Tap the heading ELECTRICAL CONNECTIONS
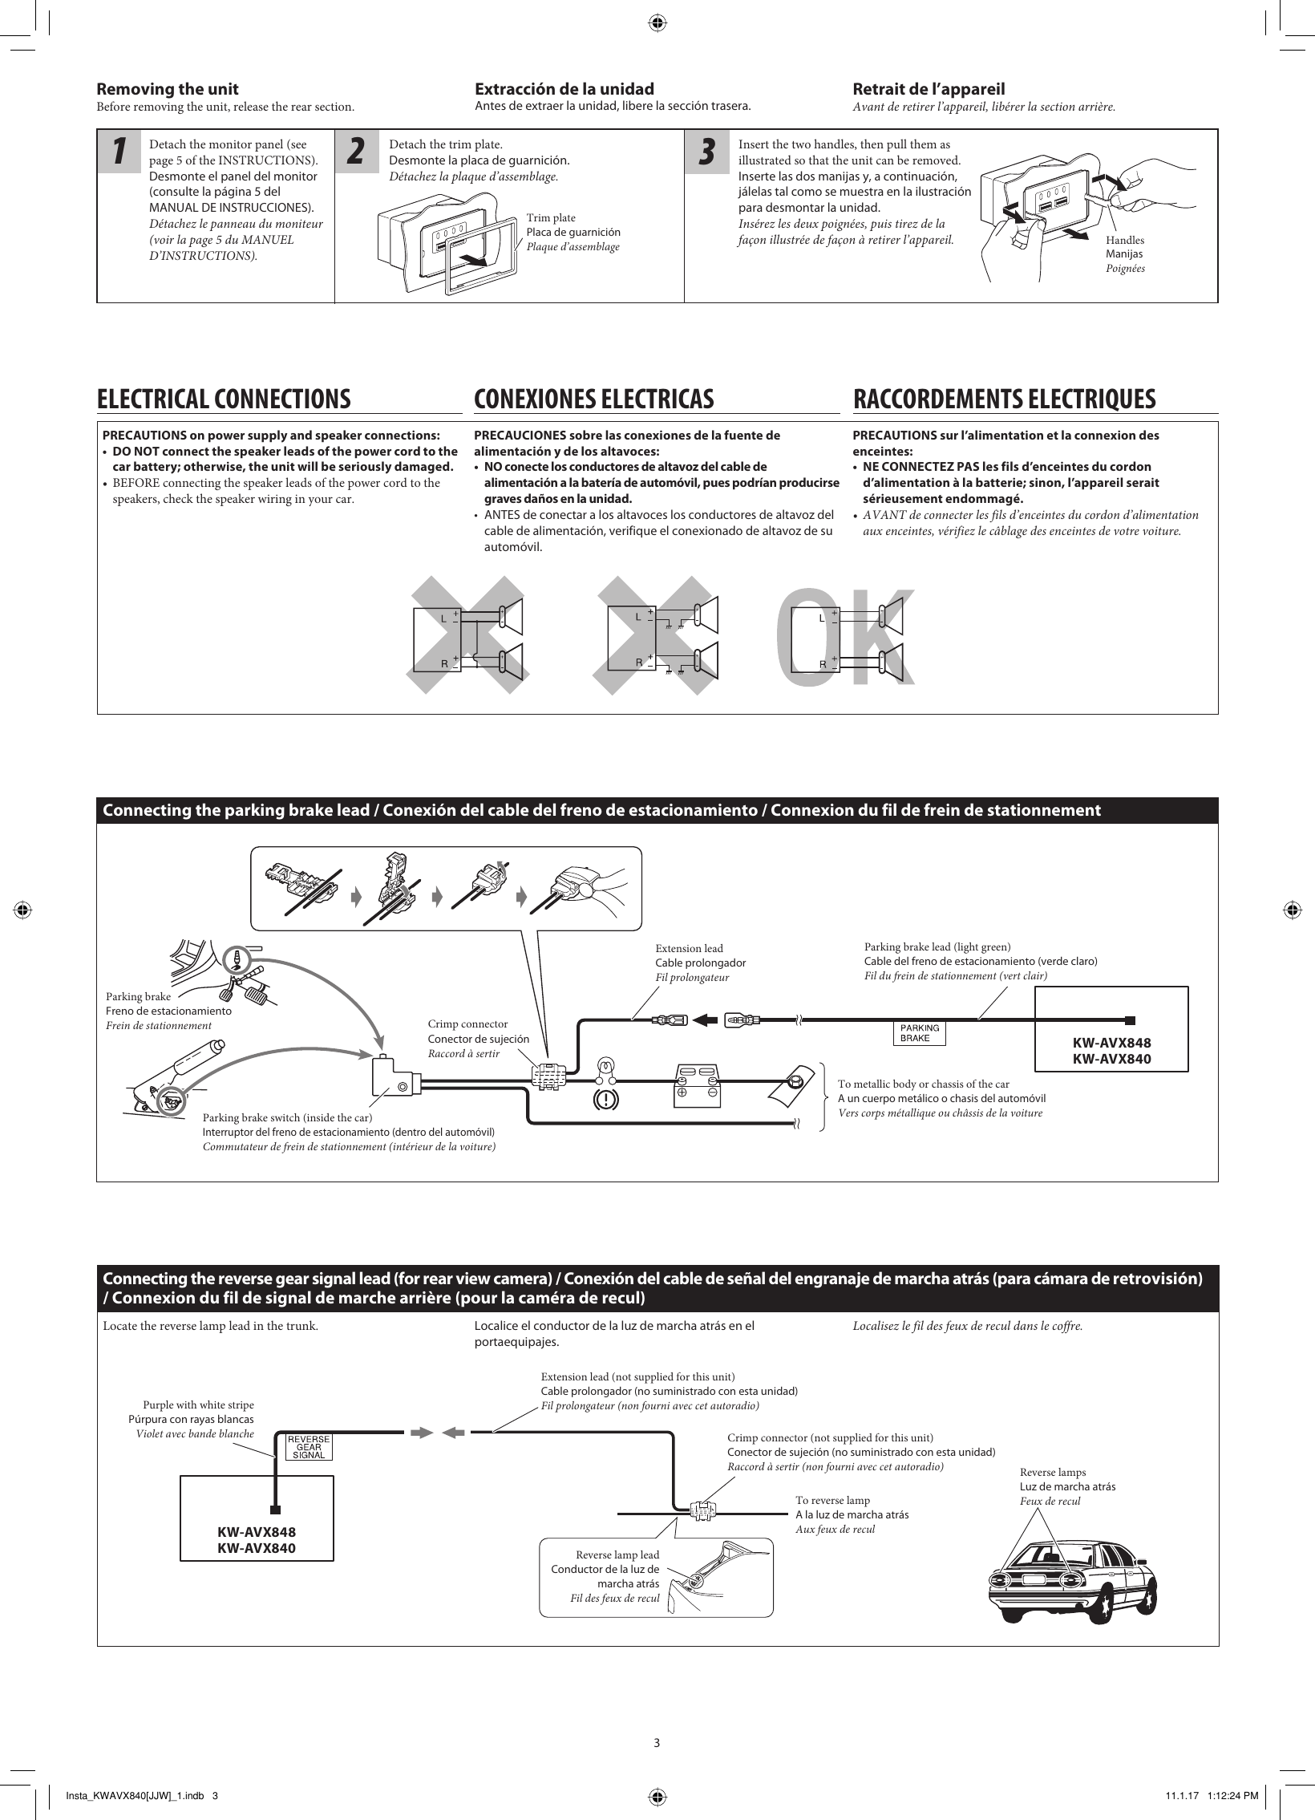[x=224, y=399]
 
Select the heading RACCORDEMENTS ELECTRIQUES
[x=1004, y=399]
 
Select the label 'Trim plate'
[x=550, y=218]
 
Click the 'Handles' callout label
[x=1125, y=241]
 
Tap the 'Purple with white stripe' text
[x=198, y=1405]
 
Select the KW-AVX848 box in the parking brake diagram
[x=1111, y=1051]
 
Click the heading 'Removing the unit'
[x=168, y=89]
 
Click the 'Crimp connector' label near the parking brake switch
[x=467, y=1024]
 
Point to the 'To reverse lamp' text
[x=832, y=1500]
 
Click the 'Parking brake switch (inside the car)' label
[x=288, y=1118]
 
